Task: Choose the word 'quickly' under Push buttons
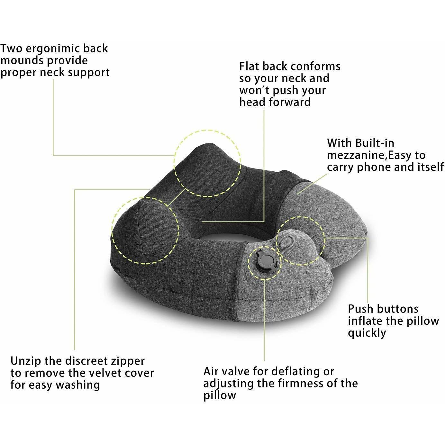pyautogui.click(x=367, y=333)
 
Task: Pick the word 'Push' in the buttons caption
pyautogui.click(x=359, y=309)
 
